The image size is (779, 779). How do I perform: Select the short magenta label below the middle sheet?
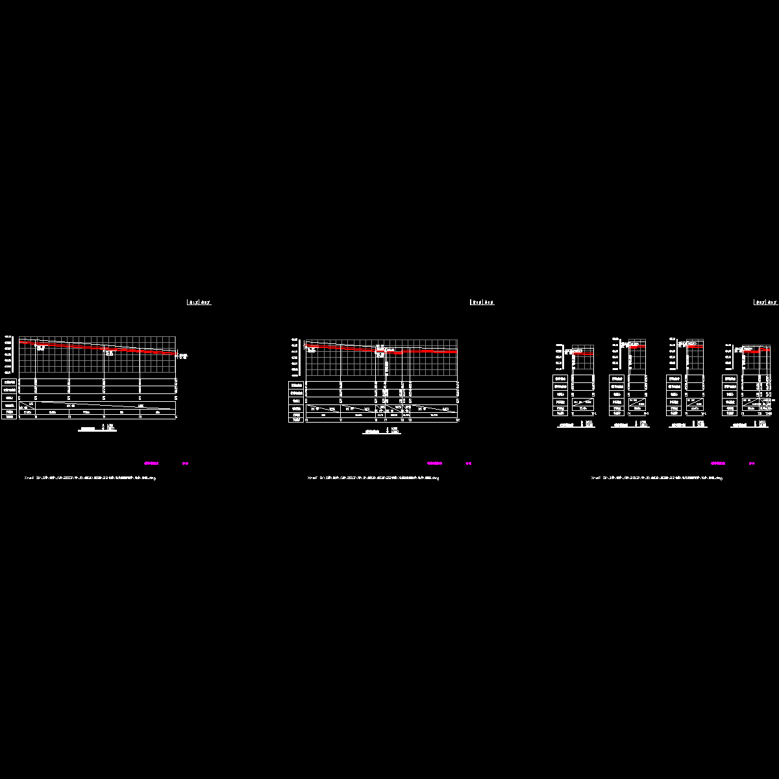(469, 464)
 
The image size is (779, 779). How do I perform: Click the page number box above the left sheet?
(199, 303)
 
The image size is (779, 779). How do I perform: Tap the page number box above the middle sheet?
(482, 303)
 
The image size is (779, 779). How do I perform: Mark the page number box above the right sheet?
(765, 303)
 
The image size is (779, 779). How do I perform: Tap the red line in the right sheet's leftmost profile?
(583, 354)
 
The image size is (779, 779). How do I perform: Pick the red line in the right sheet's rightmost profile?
(756, 351)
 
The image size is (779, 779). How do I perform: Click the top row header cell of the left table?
(10, 382)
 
